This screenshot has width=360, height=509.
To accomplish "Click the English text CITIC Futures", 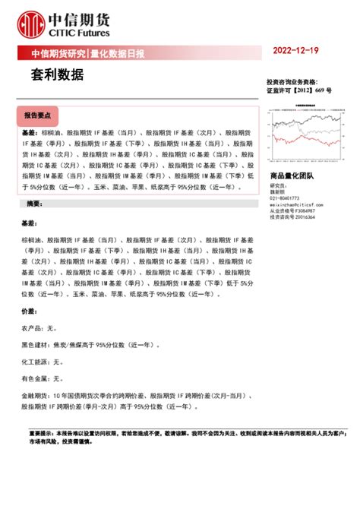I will [x=79, y=33].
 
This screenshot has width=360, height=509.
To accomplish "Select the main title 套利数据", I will [x=52, y=76].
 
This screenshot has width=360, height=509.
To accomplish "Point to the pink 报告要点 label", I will [x=36, y=115].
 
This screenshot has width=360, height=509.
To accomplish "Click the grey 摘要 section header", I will [x=34, y=204].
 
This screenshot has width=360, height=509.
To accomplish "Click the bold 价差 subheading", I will [x=28, y=311].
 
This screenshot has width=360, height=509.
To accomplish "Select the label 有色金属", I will [x=36, y=378].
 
